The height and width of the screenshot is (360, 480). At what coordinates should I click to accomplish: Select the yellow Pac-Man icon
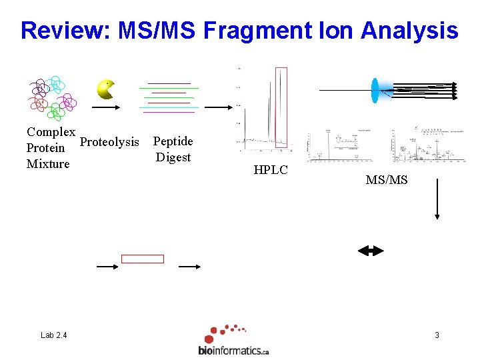point(105,89)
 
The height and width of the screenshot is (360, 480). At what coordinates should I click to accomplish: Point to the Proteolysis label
point(109,141)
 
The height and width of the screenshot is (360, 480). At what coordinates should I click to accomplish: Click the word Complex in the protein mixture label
point(51,132)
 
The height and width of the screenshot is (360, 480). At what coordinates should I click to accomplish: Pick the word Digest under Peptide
point(173,157)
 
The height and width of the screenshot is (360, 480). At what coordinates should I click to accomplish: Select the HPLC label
point(271,170)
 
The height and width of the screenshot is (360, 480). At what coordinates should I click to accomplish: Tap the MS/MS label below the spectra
point(387,180)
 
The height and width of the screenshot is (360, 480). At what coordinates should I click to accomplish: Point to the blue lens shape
point(375,90)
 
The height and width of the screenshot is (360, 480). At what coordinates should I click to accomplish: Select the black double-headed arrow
point(371,251)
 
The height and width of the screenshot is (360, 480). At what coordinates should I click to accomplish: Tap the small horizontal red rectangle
point(143,259)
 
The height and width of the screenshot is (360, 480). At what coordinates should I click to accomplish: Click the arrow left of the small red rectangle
point(107,267)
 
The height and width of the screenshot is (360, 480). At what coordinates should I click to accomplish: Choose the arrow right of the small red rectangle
point(190,267)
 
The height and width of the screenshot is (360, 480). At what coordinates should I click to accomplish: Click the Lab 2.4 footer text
point(53,335)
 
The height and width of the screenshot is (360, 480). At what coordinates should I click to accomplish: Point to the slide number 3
point(437,335)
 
